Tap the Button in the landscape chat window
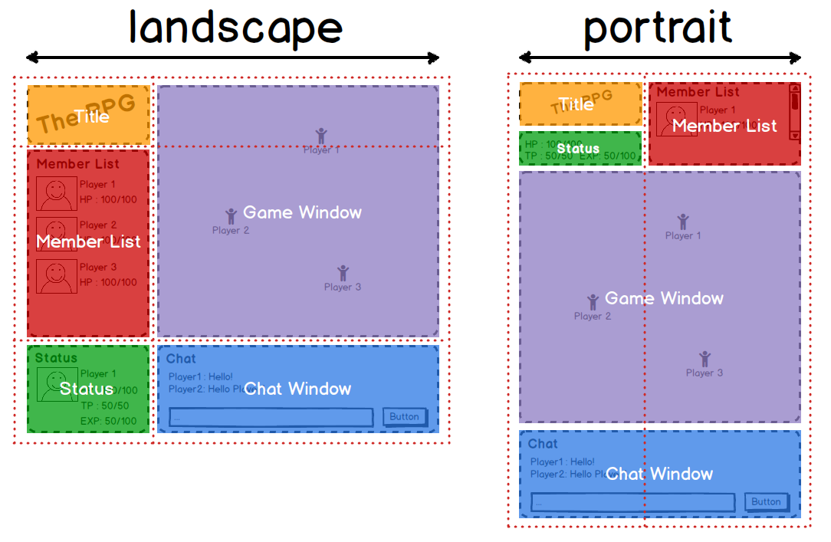pos(404,416)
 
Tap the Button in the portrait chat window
pos(766,501)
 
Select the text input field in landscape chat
pos(271,417)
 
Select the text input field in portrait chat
pos(632,502)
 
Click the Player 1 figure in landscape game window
pos(320,136)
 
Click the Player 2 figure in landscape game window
pos(231,216)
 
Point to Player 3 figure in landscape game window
pos(343,273)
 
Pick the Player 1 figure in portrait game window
pos(682,222)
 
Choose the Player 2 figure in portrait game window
pos(593,302)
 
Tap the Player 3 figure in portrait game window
pos(705,359)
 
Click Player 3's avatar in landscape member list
pos(56,276)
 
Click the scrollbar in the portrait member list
pos(795,112)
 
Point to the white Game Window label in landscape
pos(302,212)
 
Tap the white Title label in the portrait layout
pos(576,104)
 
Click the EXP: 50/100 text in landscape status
pos(108,421)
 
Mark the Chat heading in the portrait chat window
pos(543,444)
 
